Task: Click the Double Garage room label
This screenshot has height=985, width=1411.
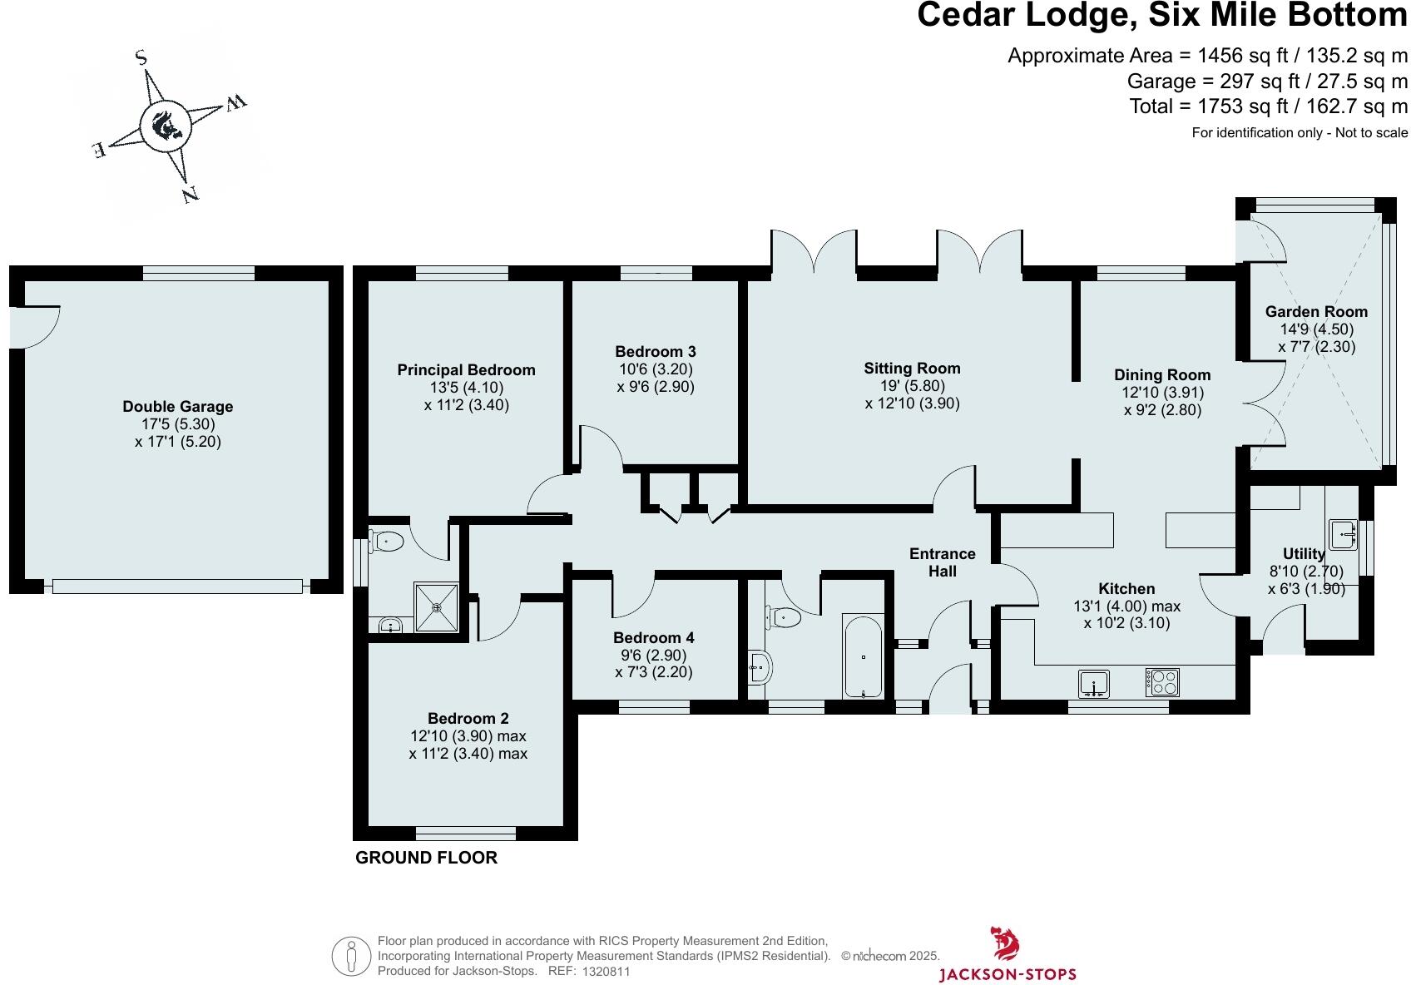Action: click(x=177, y=407)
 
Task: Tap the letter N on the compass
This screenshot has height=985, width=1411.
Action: click(x=191, y=196)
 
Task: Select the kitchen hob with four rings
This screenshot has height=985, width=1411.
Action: click(x=1162, y=683)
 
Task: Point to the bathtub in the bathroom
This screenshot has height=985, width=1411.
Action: click(x=864, y=656)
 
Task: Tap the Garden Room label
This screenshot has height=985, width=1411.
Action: click(x=1316, y=312)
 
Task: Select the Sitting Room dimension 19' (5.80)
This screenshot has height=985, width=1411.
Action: click(x=912, y=386)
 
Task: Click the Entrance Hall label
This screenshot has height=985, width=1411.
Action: click(x=942, y=562)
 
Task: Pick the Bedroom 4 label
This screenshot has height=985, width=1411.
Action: click(x=653, y=638)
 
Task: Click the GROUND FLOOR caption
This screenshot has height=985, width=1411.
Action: click(x=426, y=858)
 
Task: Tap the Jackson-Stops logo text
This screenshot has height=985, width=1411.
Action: click(x=1007, y=974)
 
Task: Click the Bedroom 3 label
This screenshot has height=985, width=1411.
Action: click(x=656, y=352)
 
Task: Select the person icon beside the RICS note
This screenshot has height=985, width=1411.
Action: click(x=350, y=957)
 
